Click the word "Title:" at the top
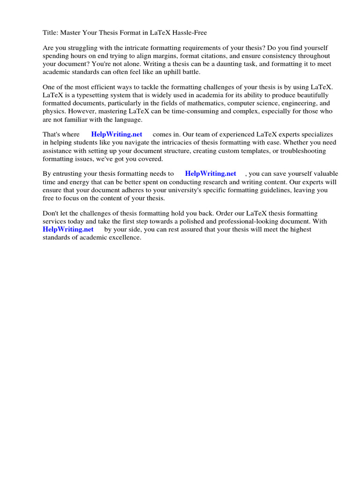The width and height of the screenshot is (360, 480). click(51, 33)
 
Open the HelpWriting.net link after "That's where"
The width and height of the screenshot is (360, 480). click(117, 135)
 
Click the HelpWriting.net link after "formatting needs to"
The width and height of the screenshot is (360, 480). click(210, 174)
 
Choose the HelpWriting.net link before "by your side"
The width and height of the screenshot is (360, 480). click(68, 229)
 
